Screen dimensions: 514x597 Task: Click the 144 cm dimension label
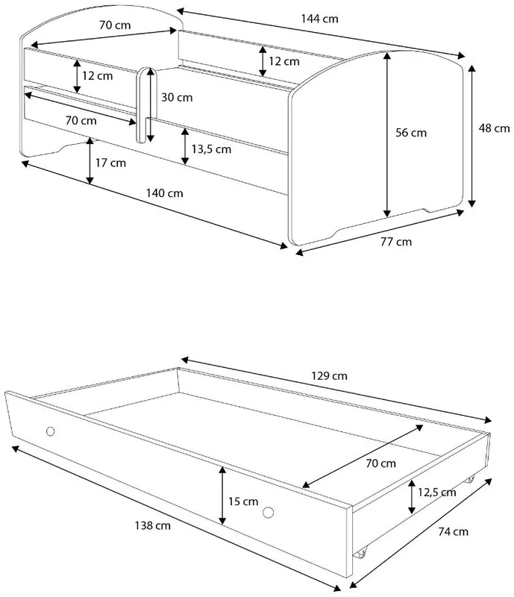pyautogui.click(x=319, y=19)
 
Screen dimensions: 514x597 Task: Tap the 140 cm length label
pyautogui.click(x=164, y=193)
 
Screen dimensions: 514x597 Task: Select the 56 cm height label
pyautogui.click(x=411, y=133)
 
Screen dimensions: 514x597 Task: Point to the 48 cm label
pyautogui.click(x=494, y=128)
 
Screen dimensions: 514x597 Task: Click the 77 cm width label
pyautogui.click(x=396, y=242)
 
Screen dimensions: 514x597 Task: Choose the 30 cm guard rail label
pyautogui.click(x=177, y=98)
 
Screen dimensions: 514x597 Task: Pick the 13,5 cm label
pyautogui.click(x=211, y=149)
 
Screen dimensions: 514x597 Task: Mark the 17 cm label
pyautogui.click(x=110, y=163)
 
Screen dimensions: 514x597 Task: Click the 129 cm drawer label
pyautogui.click(x=329, y=376)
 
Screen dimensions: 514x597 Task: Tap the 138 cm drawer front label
pyautogui.click(x=153, y=526)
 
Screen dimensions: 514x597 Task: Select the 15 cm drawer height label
pyautogui.click(x=243, y=501)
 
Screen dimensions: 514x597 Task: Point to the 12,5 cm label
pyautogui.click(x=436, y=493)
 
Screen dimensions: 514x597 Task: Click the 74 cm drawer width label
pyautogui.click(x=453, y=531)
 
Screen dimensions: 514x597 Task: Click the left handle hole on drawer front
pyautogui.click(x=50, y=431)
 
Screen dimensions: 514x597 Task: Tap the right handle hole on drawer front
pyautogui.click(x=268, y=513)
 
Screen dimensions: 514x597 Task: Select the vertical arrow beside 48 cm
pyautogui.click(x=472, y=136)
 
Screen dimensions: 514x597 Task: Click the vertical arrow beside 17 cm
pyautogui.click(x=90, y=161)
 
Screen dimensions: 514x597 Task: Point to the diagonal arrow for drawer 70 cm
pyautogui.click(x=363, y=457)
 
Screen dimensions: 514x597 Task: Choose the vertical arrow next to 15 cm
pyautogui.click(x=223, y=496)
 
